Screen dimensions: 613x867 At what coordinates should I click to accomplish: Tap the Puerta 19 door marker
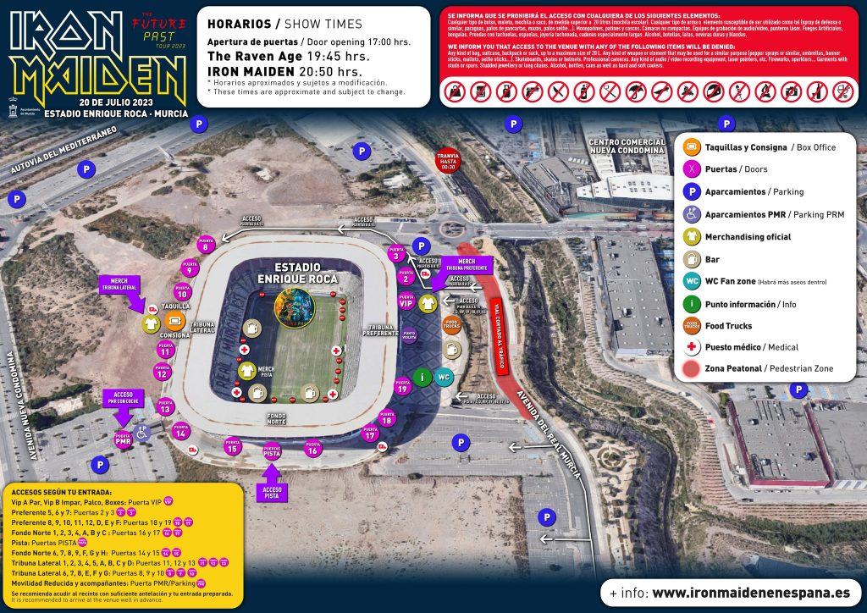pyautogui.click(x=402, y=388)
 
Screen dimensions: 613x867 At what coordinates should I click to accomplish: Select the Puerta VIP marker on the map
pyautogui.click(x=406, y=301)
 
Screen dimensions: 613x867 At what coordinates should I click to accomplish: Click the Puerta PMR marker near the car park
pyautogui.click(x=124, y=440)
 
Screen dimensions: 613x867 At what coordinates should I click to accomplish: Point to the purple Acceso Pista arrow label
pyautogui.click(x=273, y=490)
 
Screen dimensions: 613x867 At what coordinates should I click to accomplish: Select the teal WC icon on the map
pyautogui.click(x=445, y=378)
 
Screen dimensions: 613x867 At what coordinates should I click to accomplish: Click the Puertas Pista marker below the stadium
pyautogui.click(x=273, y=452)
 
